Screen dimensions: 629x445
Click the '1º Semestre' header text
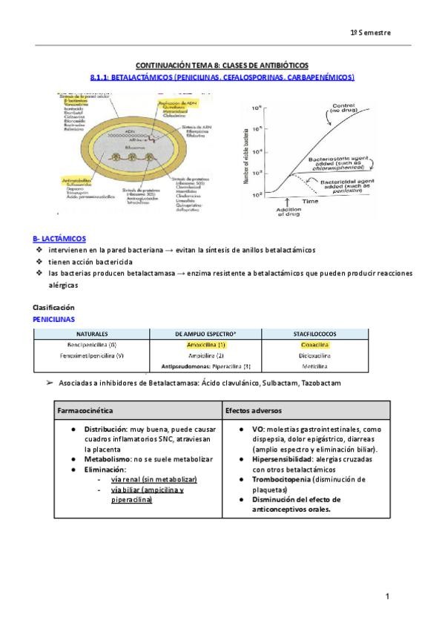[371, 33]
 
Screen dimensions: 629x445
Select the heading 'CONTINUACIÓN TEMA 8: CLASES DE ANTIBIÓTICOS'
[222, 66]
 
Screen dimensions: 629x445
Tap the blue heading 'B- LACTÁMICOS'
[59, 239]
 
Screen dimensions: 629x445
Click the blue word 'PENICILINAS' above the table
[54, 318]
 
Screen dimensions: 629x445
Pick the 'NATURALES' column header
[91, 335]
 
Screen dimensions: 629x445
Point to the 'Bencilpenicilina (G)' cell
[91, 345]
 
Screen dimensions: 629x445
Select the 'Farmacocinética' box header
[86, 409]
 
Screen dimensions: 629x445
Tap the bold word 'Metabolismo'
[108, 459]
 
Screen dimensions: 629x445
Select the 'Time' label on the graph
[311, 201]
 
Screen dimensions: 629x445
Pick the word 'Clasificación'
[54, 307]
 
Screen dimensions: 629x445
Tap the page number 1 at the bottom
[387, 596]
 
